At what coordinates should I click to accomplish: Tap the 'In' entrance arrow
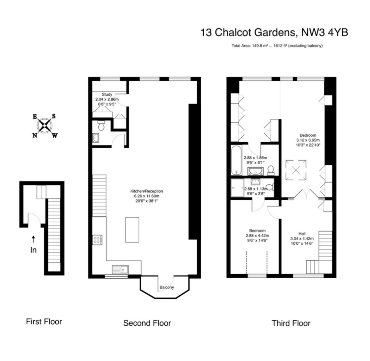33,239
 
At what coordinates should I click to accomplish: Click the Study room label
107,95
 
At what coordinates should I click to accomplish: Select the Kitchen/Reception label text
147,191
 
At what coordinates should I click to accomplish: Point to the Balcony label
167,287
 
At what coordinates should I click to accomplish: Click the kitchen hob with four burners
97,240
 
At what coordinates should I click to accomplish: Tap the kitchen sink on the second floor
120,269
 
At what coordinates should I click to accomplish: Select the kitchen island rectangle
132,230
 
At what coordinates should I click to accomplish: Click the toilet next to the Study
101,126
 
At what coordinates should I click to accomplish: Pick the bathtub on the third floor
236,160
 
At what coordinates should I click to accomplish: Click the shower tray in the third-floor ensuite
237,188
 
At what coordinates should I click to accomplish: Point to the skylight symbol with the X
296,170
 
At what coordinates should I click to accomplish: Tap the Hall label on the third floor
302,234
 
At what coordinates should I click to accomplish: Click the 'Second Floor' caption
147,323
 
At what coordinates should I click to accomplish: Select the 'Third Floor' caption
291,323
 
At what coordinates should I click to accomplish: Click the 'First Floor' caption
44,321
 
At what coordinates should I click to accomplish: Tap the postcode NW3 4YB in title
325,32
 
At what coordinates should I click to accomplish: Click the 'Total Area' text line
277,46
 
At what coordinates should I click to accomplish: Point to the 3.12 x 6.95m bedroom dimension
308,140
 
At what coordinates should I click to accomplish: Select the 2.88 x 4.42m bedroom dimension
257,236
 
